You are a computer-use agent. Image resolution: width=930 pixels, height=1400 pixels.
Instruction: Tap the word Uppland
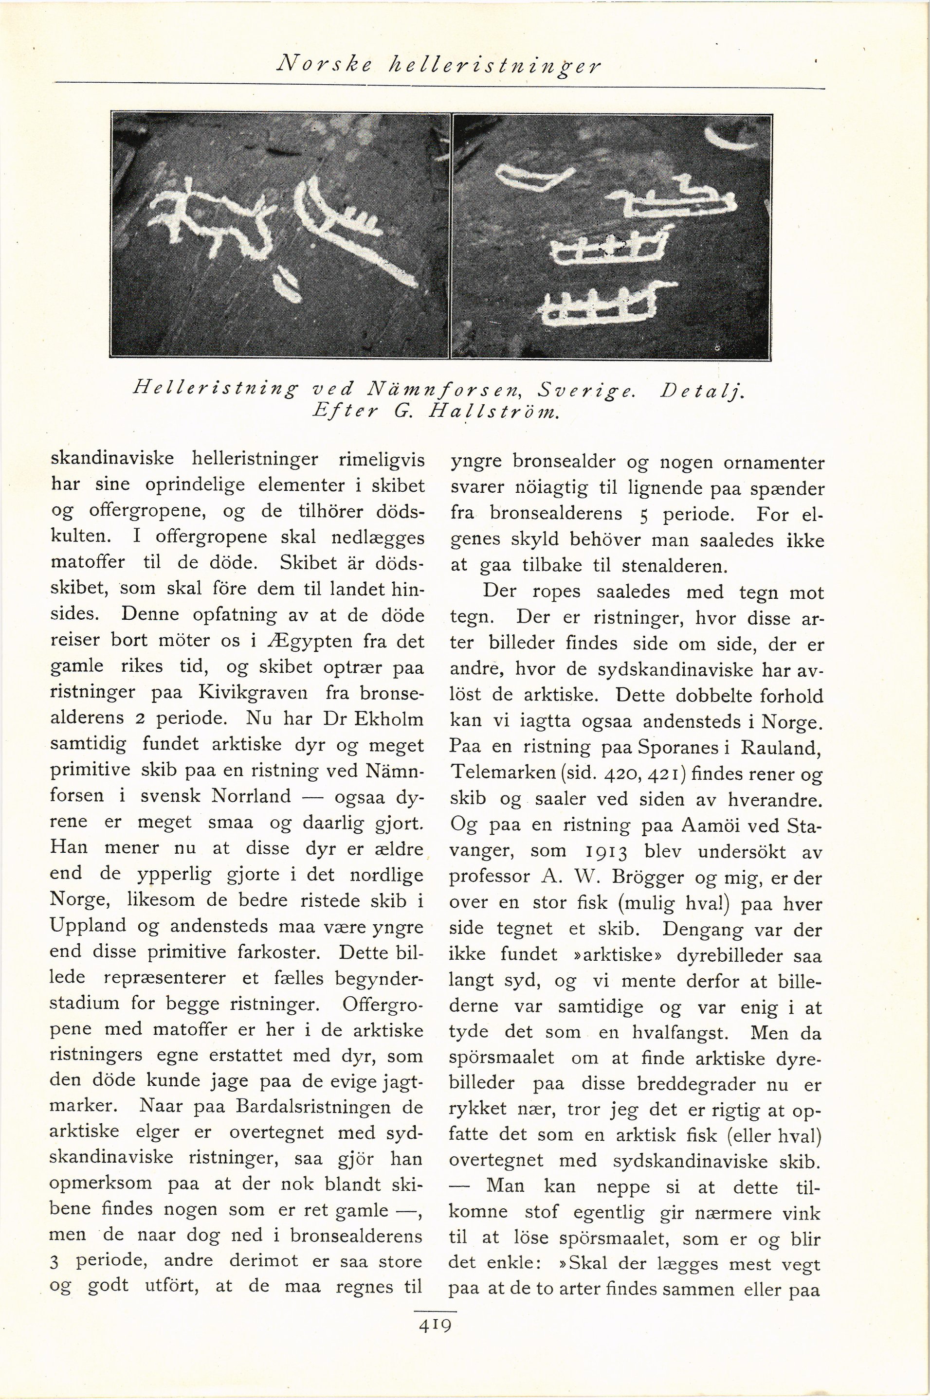88,925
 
